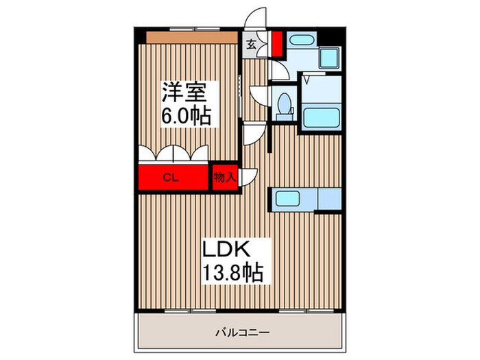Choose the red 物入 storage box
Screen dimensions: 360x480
point(224,177)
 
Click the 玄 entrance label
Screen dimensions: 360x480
point(251,46)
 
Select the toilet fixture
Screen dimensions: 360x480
point(286,105)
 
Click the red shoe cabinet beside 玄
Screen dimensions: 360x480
point(276,43)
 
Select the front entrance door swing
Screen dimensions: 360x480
point(257,19)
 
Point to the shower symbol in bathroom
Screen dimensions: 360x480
point(307,80)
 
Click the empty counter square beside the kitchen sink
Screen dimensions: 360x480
point(329,199)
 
